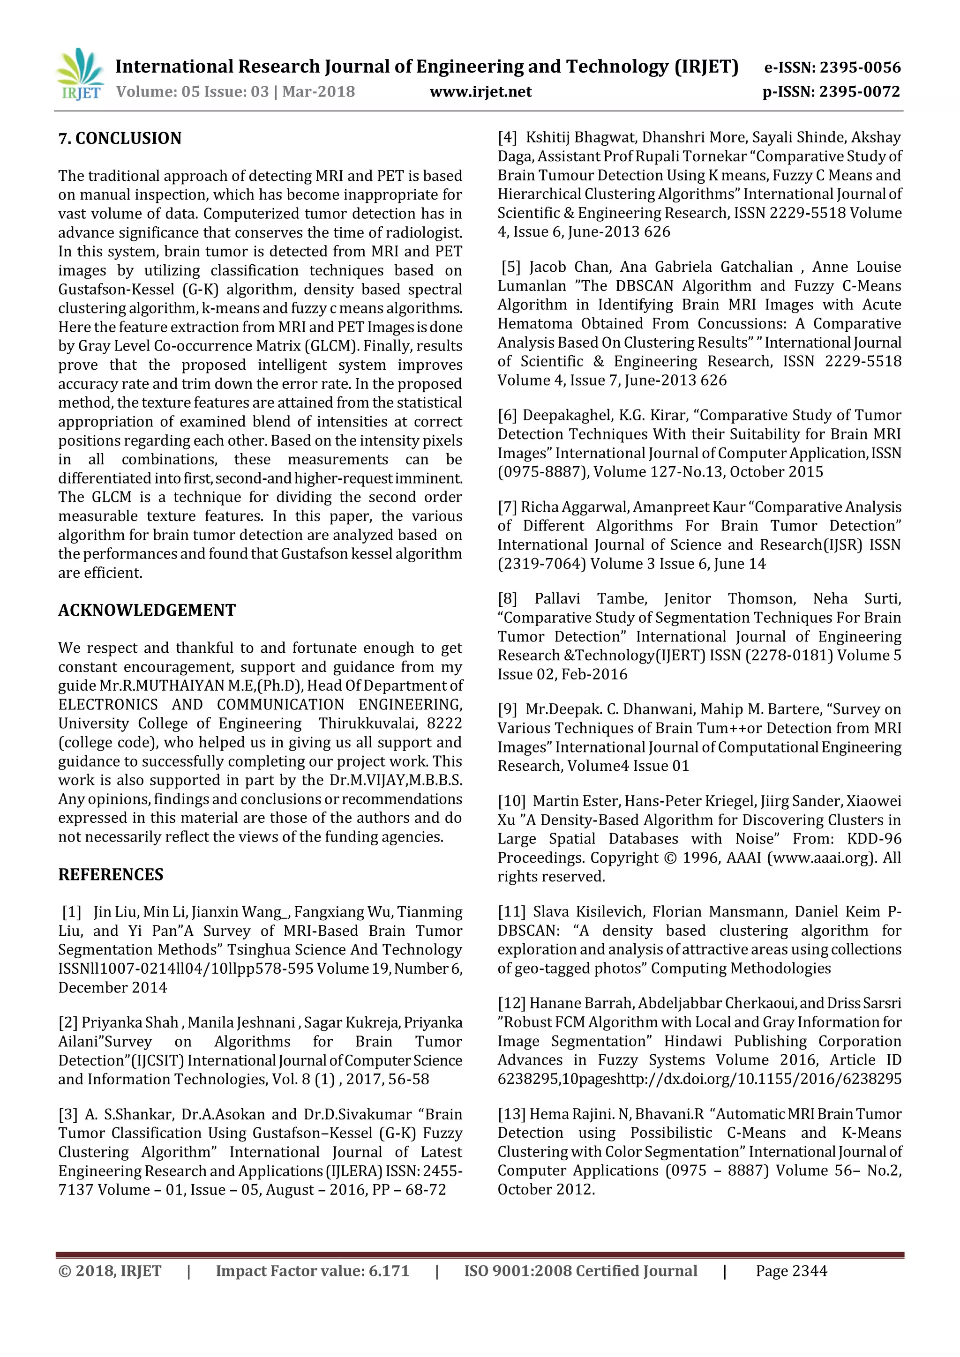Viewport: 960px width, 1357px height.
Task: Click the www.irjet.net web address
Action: coord(480,92)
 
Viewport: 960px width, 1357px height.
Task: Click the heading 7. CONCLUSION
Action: coord(120,138)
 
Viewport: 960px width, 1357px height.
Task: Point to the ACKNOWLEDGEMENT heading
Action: coord(147,610)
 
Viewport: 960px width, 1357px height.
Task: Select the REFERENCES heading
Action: coord(111,875)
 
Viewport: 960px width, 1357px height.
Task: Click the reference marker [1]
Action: coord(72,912)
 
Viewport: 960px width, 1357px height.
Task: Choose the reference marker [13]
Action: coord(511,1114)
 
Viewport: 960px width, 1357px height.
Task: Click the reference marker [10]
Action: coord(511,801)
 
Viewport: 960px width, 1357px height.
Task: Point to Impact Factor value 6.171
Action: coord(312,1271)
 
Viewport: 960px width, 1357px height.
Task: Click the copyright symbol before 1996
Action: coord(670,857)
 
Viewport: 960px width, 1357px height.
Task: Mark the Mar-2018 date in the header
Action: coord(319,92)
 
